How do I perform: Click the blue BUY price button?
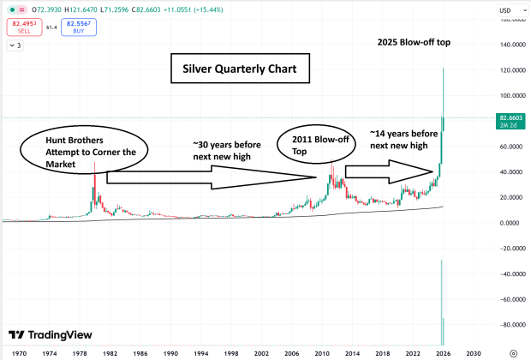(x=79, y=27)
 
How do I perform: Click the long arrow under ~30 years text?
(x=211, y=178)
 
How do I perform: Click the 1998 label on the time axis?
(x=231, y=352)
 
